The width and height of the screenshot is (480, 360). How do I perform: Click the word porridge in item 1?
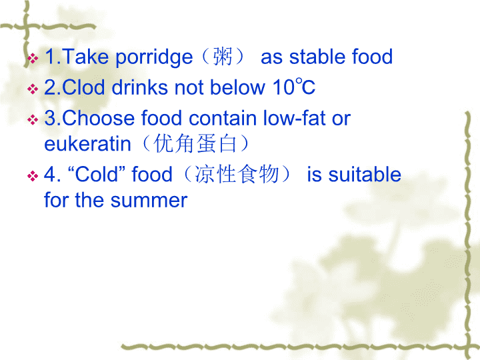154,58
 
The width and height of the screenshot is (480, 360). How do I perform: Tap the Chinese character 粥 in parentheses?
223,57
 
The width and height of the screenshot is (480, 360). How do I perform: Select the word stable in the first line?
317,57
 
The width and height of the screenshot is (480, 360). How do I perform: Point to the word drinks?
139,87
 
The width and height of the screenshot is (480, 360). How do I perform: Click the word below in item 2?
237,87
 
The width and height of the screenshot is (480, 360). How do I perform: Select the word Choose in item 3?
98,118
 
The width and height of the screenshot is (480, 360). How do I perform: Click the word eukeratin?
87,143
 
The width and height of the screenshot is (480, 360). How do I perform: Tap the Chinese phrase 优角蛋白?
195,143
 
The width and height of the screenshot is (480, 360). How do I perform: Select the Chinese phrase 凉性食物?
237,174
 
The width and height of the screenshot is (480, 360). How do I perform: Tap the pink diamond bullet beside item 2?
33,89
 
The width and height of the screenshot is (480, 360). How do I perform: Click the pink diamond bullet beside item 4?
33,176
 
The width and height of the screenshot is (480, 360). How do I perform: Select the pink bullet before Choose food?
33,120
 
